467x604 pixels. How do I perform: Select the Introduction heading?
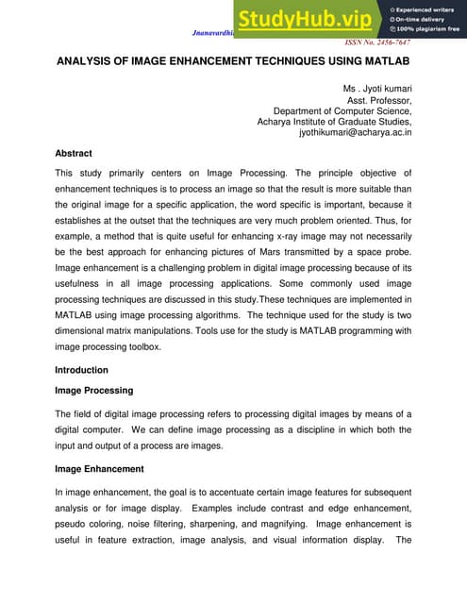(x=82, y=370)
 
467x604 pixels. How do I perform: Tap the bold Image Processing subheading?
(x=94, y=390)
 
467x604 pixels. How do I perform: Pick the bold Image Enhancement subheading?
(x=99, y=468)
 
